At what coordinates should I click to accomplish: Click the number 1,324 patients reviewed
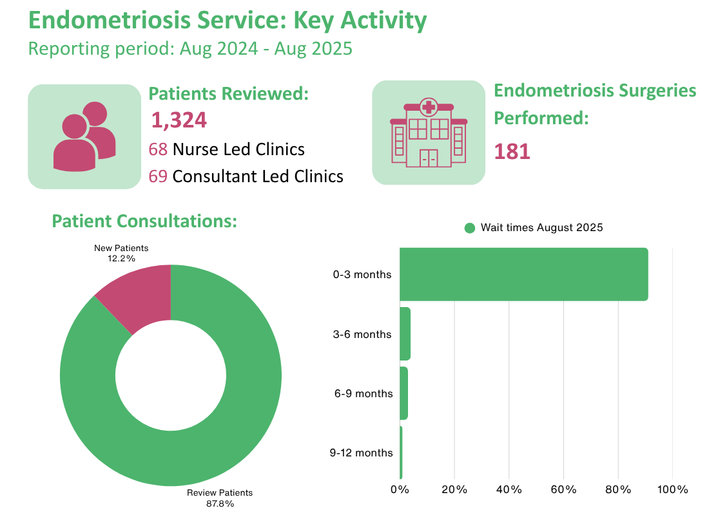click(x=179, y=120)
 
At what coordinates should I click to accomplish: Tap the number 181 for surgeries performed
click(x=512, y=151)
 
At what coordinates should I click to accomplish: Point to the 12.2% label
click(x=121, y=258)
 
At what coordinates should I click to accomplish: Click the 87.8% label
click(x=220, y=503)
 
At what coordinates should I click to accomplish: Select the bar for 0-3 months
click(x=523, y=274)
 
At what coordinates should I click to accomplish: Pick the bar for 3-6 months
click(x=405, y=334)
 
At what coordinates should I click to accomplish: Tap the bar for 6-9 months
click(x=403, y=393)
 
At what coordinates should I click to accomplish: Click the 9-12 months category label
click(x=361, y=453)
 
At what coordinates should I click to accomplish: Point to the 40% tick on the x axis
click(x=509, y=490)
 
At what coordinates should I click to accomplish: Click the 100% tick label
click(x=672, y=490)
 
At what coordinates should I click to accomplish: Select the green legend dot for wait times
click(x=470, y=228)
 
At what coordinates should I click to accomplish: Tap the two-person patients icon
click(x=84, y=136)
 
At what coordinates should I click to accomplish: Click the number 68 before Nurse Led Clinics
click(x=158, y=149)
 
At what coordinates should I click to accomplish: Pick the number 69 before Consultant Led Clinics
click(x=158, y=176)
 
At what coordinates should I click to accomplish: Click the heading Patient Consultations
click(x=144, y=221)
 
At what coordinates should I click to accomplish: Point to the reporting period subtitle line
click(x=190, y=48)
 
